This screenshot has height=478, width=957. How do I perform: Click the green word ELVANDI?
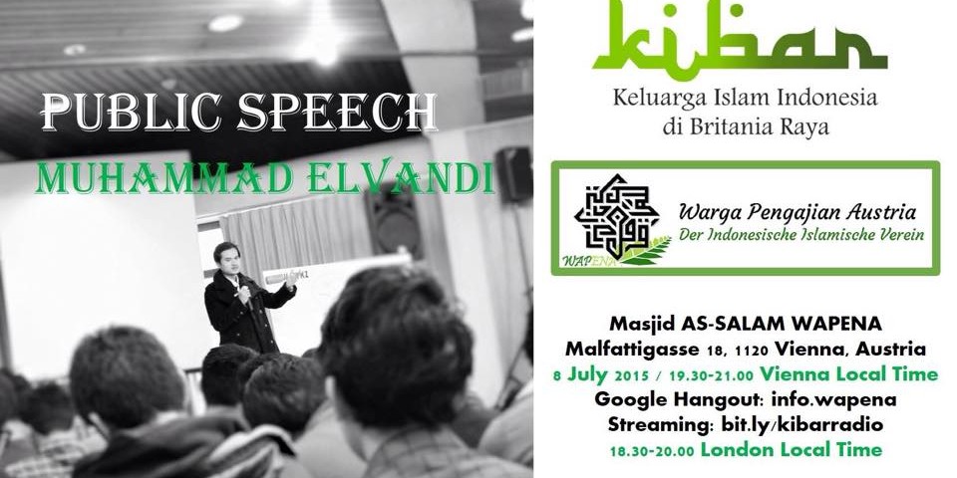coord(401,177)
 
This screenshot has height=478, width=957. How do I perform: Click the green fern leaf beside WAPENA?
coord(645,252)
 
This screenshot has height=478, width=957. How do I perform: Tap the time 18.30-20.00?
coord(652,450)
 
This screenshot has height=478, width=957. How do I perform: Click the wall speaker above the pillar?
coord(513,173)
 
